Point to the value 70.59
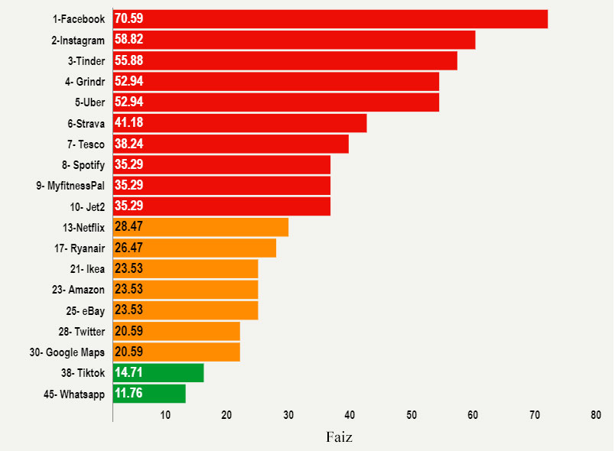click(129, 19)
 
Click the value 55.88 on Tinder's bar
click(129, 60)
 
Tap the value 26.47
click(129, 248)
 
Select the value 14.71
click(129, 372)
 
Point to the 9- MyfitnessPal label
click(70, 186)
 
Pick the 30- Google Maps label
click(67, 352)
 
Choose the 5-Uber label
click(89, 102)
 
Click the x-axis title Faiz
click(340, 437)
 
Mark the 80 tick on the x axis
click(596, 415)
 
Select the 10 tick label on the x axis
click(165, 415)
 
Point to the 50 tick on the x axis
click(412, 415)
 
